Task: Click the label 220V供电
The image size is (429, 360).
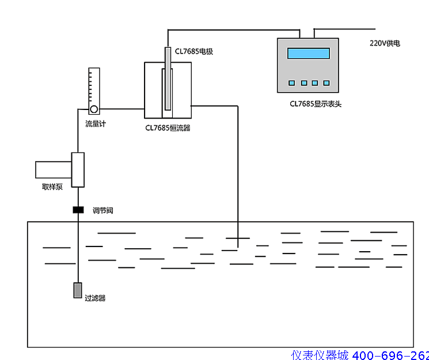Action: click(x=385, y=43)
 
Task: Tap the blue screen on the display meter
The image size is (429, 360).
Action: click(x=309, y=54)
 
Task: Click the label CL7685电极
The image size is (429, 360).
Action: click(x=194, y=51)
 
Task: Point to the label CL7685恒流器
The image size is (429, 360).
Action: click(x=168, y=128)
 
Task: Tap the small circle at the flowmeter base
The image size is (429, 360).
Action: click(x=93, y=109)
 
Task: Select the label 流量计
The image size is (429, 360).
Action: click(x=96, y=124)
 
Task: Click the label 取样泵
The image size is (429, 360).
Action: click(x=52, y=186)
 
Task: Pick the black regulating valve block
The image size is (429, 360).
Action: click(x=78, y=210)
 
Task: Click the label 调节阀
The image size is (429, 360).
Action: click(x=103, y=211)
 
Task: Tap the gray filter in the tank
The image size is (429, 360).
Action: click(x=78, y=290)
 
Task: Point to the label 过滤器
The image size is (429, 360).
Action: click(x=96, y=298)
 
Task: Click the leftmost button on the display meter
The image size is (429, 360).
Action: click(x=292, y=83)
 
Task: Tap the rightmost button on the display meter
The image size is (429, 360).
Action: click(x=327, y=83)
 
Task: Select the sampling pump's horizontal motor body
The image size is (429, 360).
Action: click(x=53, y=169)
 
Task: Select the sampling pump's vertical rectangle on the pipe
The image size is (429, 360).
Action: click(x=78, y=170)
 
